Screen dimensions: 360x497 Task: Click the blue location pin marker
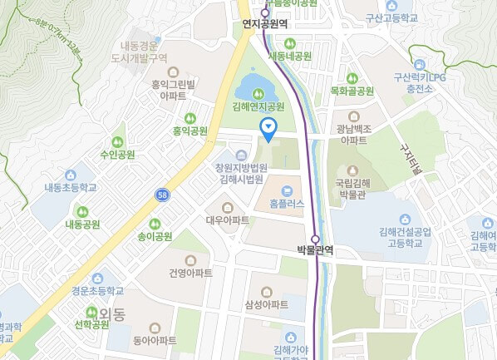click(268, 127)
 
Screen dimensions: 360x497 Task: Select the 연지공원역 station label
click(264, 24)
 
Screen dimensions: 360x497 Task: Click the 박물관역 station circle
click(315, 238)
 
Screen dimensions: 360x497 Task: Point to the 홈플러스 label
click(287, 203)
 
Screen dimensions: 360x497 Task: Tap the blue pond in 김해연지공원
click(253, 85)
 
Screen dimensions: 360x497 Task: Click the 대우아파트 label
click(228, 220)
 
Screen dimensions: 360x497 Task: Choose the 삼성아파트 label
click(267, 304)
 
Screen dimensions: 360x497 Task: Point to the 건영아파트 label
click(190, 274)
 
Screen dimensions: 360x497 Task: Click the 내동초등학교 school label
click(71, 188)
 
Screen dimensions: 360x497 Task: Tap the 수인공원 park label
click(116, 154)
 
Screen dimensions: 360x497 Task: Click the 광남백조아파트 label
click(352, 135)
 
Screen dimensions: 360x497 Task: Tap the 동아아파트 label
click(155, 340)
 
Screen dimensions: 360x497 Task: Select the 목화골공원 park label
click(349, 90)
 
